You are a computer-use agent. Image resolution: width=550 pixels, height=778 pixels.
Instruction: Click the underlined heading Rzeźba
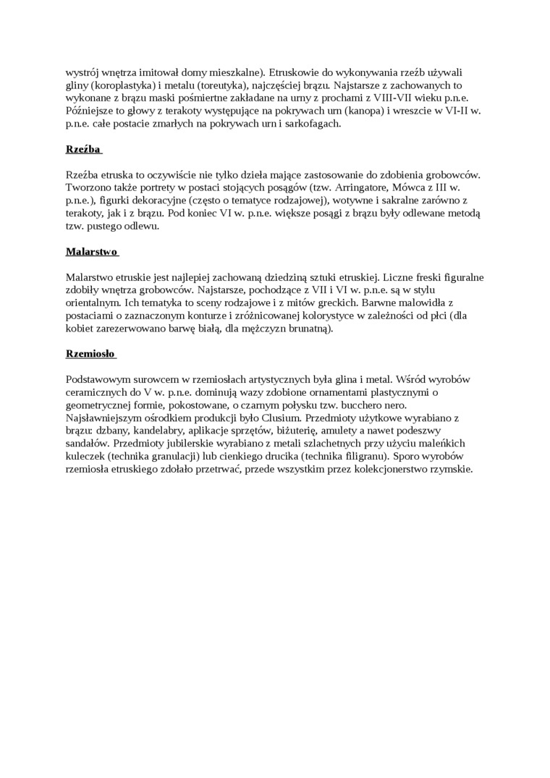pos(82,149)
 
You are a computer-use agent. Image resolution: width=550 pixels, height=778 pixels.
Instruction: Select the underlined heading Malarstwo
pos(90,251)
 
